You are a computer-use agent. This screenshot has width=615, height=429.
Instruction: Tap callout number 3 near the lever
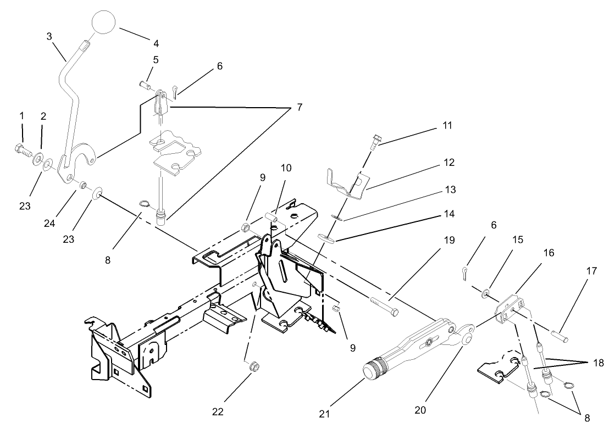[x=49, y=36]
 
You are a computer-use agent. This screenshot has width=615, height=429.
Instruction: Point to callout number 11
[x=447, y=126]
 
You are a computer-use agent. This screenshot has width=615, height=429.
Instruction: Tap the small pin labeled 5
[x=145, y=85]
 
